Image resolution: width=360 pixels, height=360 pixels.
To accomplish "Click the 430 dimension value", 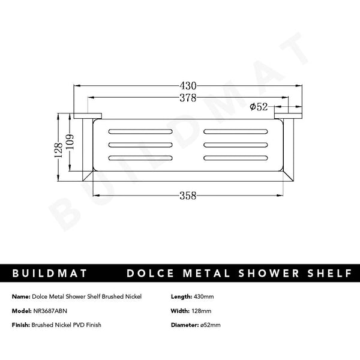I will point(187,86).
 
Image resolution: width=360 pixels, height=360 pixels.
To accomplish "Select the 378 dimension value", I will point(188,98).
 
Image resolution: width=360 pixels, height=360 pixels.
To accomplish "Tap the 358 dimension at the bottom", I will point(188,195).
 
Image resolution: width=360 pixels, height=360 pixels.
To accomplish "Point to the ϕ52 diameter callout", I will point(259,107).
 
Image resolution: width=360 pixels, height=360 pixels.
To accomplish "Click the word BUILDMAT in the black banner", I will point(50,274).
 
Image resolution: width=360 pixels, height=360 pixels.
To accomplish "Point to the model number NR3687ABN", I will point(52,311).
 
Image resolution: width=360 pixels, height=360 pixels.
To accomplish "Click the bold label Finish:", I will point(20,325).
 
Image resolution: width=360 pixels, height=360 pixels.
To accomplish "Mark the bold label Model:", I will point(21,311).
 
